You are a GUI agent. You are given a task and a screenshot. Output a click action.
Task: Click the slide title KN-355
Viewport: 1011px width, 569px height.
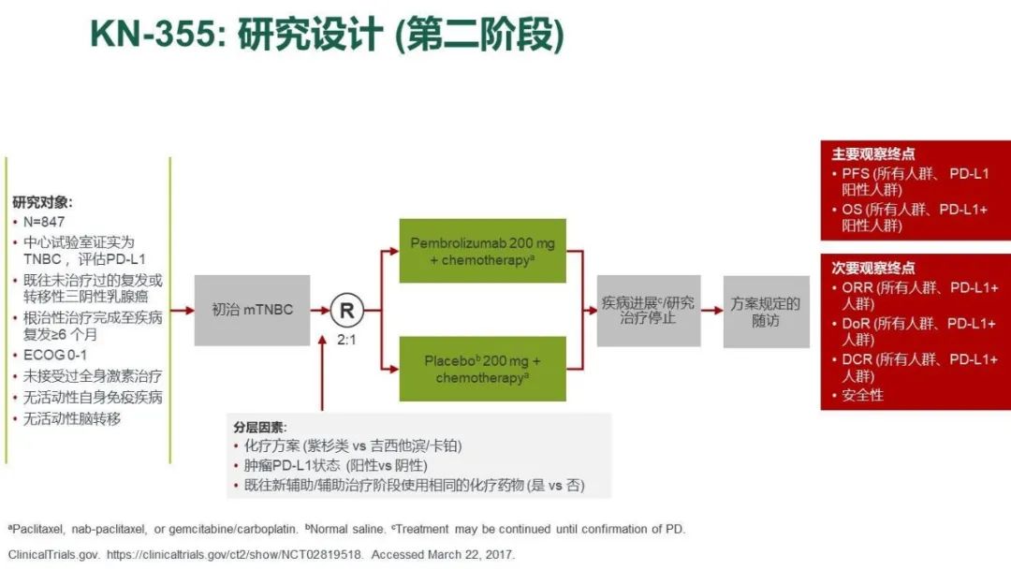click(328, 36)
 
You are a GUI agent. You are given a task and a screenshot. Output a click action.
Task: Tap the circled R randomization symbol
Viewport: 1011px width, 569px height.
click(346, 310)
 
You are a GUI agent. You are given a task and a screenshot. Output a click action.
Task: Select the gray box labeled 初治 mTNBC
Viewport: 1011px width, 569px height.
click(252, 310)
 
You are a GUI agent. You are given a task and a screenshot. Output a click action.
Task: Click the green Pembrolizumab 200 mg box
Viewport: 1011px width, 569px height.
click(482, 252)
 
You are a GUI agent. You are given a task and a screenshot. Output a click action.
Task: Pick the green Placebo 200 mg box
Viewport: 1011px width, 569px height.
click(482, 369)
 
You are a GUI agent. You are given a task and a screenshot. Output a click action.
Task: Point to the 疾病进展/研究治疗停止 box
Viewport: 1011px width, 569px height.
click(648, 311)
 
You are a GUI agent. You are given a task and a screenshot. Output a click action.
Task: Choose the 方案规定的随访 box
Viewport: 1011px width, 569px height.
click(766, 312)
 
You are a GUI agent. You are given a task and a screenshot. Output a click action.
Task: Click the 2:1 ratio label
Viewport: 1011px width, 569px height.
click(346, 340)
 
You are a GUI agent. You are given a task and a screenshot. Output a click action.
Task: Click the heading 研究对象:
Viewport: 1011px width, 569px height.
click(42, 201)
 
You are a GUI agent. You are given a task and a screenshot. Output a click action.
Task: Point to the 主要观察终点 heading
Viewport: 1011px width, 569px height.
click(872, 153)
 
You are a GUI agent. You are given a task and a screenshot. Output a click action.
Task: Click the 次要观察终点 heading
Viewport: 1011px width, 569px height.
click(872, 268)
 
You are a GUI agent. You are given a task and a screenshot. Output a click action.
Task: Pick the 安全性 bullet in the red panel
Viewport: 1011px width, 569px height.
click(862, 395)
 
